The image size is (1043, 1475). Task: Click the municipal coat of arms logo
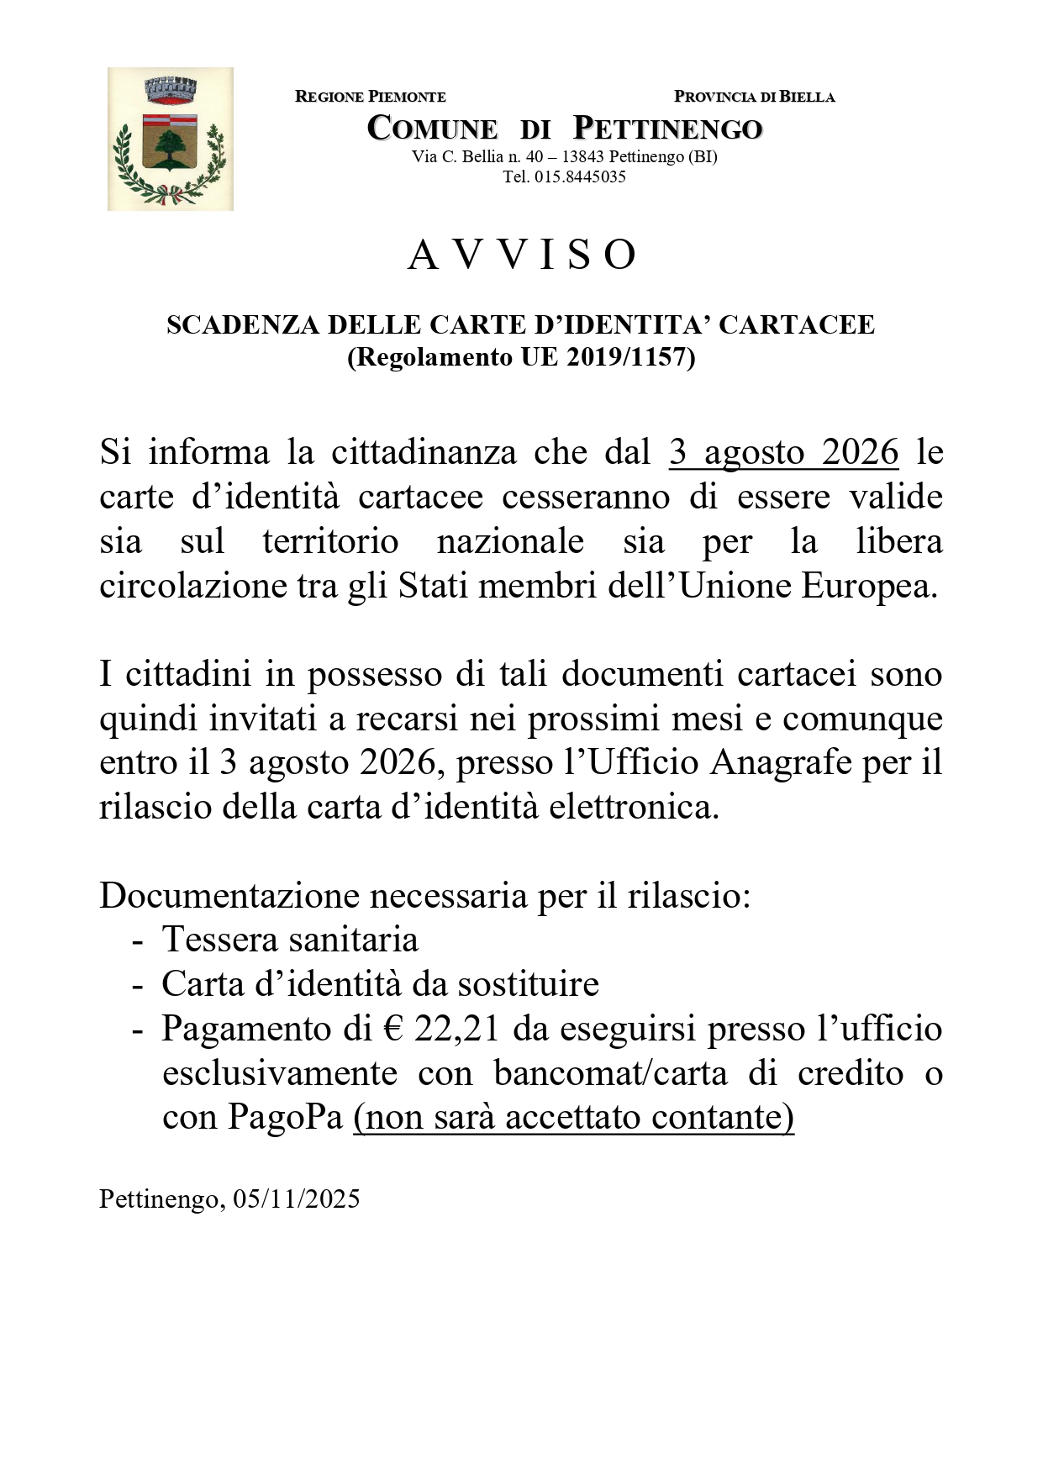[x=171, y=140]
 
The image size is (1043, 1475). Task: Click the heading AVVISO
[x=522, y=255]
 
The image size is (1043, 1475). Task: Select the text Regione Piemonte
[x=371, y=97]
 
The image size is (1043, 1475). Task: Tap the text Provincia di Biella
[x=754, y=97]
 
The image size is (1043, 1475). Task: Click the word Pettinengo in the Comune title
[x=667, y=129]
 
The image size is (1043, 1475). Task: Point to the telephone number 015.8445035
[x=580, y=176]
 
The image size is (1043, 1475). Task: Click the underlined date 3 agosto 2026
[x=783, y=452]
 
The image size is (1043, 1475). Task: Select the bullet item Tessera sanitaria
[x=290, y=940]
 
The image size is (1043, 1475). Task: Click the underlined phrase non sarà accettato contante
[x=574, y=1118]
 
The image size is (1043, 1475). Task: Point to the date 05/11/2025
[x=297, y=1198]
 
